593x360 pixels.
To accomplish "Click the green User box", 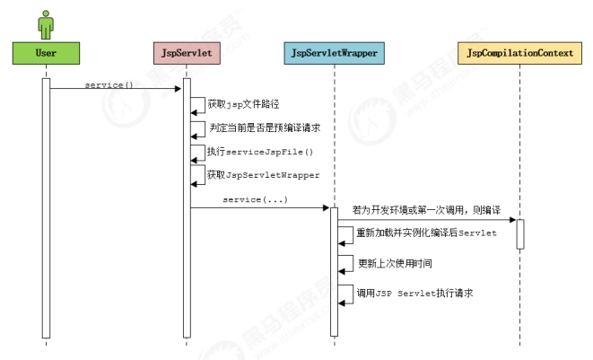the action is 46,53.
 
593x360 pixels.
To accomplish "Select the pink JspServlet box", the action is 187,53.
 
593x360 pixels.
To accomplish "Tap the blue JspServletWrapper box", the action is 335,53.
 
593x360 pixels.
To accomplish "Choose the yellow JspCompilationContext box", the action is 519,53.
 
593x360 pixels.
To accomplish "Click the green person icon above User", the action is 46,25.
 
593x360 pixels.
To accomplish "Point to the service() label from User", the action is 109,84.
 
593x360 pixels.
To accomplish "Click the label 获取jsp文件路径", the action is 243,104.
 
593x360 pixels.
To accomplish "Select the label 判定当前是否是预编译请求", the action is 265,128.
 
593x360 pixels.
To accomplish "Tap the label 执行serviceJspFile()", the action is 260,152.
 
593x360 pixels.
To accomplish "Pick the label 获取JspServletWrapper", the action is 263,175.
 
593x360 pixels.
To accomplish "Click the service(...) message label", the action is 256,199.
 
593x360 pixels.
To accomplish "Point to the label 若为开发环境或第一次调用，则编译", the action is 427,210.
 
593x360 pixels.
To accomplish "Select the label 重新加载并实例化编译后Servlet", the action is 427,233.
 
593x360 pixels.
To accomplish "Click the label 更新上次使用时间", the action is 396,263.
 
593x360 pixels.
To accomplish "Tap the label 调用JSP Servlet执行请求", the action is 414,294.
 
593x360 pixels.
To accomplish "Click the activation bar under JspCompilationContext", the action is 520,234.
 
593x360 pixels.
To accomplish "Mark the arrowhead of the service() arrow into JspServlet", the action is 179,89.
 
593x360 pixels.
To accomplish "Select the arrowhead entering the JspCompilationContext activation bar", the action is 513,220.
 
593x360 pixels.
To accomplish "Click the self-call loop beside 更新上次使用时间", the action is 345,265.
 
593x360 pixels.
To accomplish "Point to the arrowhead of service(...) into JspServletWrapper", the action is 326,207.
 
